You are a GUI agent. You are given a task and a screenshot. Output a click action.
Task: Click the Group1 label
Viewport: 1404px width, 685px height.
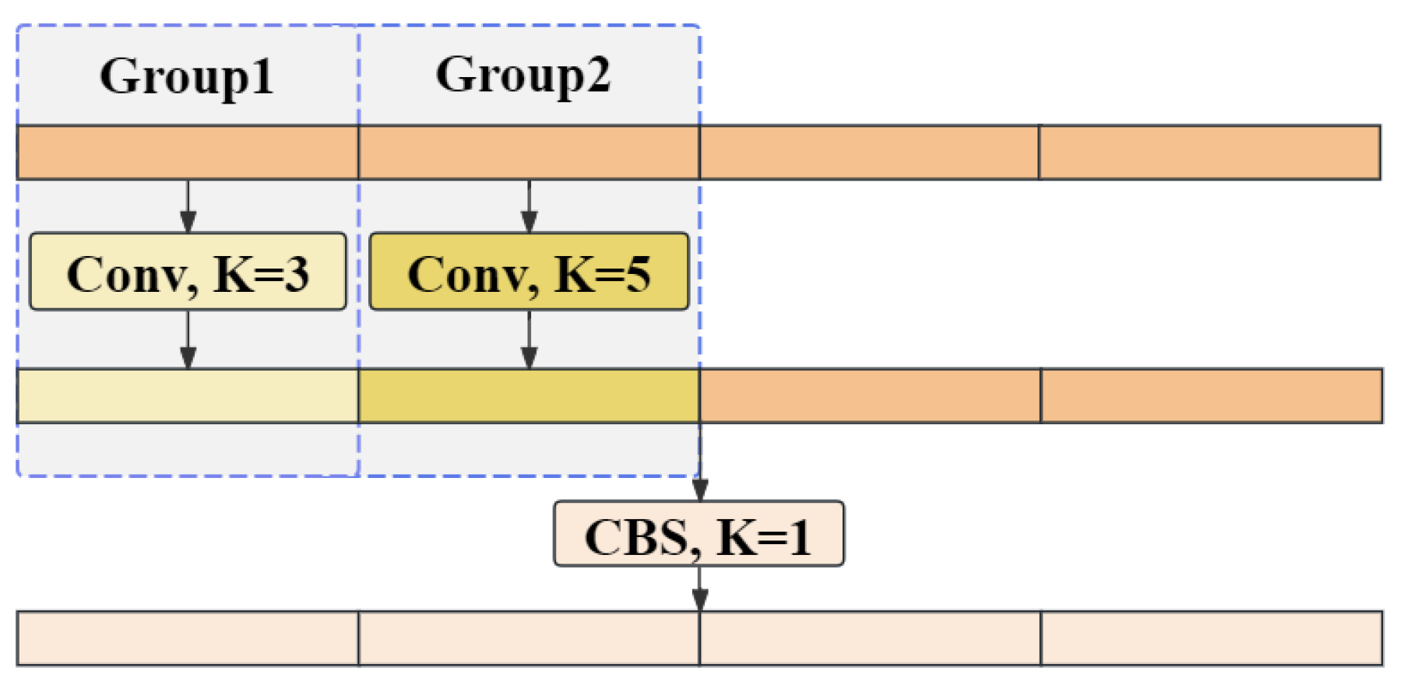187,76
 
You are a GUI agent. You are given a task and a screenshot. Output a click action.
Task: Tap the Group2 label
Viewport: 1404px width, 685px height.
523,76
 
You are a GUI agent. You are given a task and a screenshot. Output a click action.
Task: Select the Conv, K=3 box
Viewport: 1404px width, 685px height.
188,272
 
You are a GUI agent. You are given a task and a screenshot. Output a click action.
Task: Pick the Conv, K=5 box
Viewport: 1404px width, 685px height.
529,272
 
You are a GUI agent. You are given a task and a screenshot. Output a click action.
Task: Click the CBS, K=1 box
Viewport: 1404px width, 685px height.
698,534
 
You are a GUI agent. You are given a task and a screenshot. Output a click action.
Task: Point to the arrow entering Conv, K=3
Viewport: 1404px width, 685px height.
188,206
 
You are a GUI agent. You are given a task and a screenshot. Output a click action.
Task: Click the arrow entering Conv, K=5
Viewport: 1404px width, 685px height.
530,206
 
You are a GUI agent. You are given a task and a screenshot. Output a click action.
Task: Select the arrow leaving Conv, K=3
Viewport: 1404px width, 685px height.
188,339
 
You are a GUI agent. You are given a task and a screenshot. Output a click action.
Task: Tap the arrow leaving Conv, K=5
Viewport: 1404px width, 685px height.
530,339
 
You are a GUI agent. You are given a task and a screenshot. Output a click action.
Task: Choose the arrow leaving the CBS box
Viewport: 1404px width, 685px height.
700,588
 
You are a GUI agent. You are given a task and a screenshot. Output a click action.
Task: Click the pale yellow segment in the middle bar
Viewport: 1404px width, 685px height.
188,396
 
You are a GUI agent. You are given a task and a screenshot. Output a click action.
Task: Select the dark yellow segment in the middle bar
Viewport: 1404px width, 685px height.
529,396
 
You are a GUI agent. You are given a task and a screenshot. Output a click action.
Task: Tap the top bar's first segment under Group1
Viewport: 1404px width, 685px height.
188,153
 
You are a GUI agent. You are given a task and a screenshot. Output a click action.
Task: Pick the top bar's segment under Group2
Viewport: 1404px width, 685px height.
529,153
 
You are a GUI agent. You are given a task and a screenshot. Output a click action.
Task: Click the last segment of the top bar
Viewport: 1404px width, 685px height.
1209,153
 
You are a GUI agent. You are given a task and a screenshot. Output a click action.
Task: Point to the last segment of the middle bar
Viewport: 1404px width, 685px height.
1211,396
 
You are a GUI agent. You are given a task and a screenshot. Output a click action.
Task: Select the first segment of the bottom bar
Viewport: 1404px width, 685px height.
188,638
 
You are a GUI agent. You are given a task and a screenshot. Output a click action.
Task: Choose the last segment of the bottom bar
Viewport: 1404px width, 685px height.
1211,638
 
